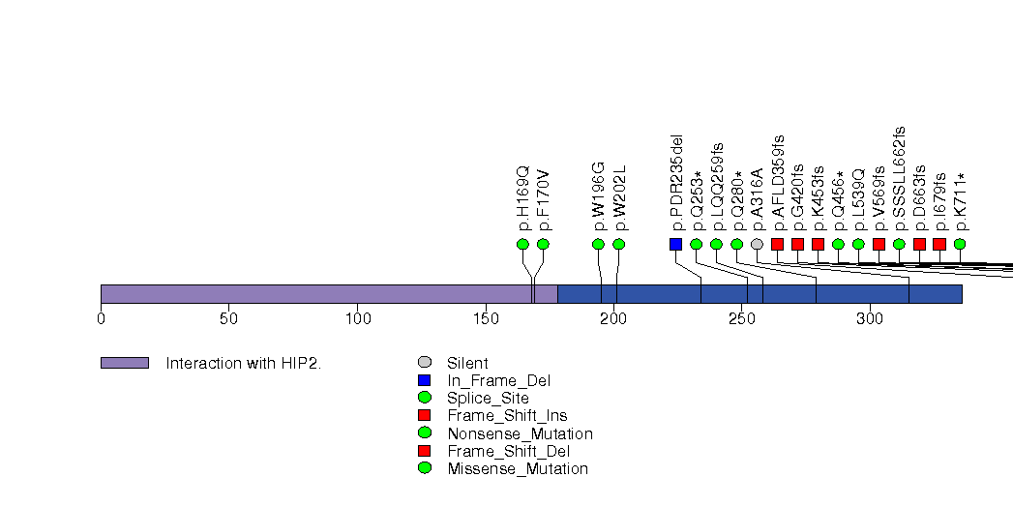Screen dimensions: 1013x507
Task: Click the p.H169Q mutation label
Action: (x=523, y=198)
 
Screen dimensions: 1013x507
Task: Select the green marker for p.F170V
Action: (x=544, y=244)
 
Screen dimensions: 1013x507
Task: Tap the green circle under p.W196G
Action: (x=598, y=244)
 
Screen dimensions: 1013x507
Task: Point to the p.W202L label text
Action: (x=619, y=197)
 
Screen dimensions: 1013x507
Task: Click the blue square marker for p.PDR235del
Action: (x=675, y=244)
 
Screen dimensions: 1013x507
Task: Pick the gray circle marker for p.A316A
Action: (x=758, y=244)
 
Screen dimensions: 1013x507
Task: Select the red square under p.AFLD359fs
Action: (x=777, y=244)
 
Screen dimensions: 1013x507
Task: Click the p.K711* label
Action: (x=961, y=201)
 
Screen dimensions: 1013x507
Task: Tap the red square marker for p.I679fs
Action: (x=939, y=244)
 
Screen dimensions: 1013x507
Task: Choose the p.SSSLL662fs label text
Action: (x=899, y=178)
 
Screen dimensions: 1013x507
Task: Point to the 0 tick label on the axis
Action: (x=101, y=318)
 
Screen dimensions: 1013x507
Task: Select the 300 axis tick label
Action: (x=870, y=318)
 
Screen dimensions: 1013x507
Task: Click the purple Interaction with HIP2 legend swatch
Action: (x=125, y=363)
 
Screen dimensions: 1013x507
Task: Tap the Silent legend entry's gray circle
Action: (x=425, y=362)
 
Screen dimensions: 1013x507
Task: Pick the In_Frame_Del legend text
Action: (x=498, y=381)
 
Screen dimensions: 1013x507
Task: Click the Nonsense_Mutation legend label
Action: (x=520, y=433)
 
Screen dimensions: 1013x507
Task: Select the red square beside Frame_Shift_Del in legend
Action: (x=425, y=450)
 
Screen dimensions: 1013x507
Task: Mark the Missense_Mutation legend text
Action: (x=518, y=469)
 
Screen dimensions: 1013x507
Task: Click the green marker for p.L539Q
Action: (x=858, y=244)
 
